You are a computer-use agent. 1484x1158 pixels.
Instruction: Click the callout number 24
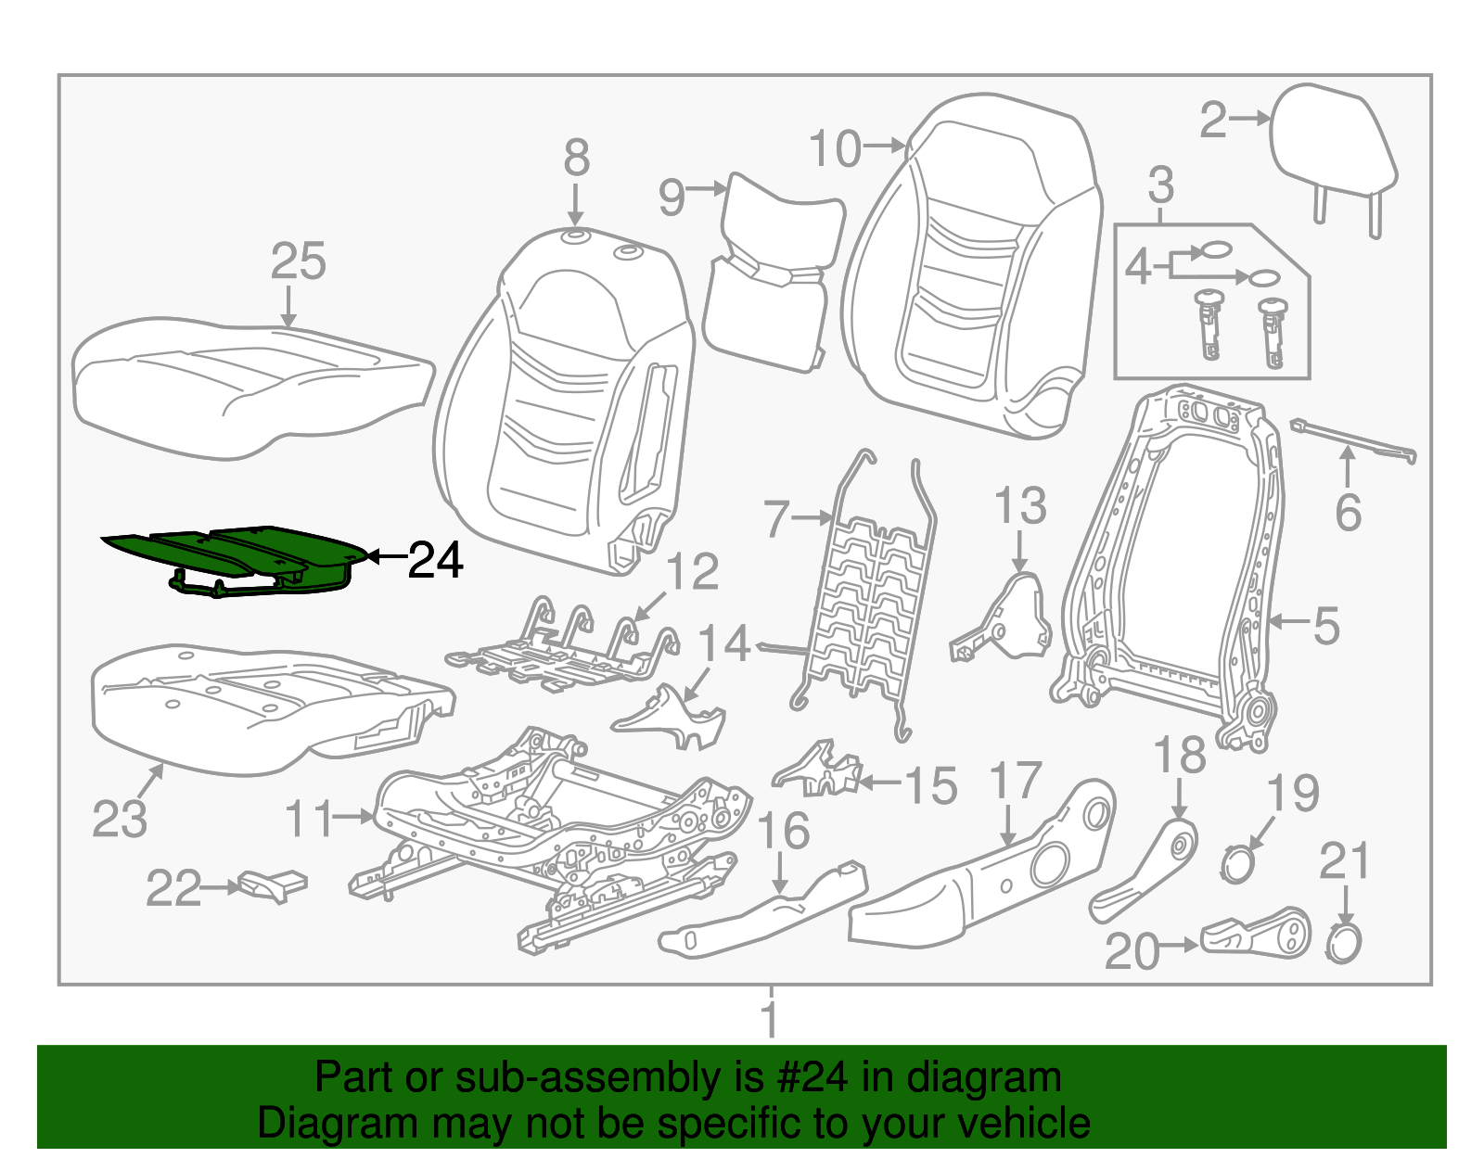[x=435, y=560]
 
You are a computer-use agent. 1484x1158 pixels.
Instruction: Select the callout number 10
[x=836, y=148]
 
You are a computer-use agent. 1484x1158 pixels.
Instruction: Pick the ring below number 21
[x=1343, y=945]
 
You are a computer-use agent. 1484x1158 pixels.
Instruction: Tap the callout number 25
[x=298, y=261]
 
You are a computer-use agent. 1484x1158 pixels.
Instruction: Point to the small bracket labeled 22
[x=273, y=884]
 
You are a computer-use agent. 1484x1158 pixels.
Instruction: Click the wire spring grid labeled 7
[x=867, y=612]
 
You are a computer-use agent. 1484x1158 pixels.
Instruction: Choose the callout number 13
[x=1019, y=506]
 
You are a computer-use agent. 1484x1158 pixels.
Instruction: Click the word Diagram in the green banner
[x=306, y=1124]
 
